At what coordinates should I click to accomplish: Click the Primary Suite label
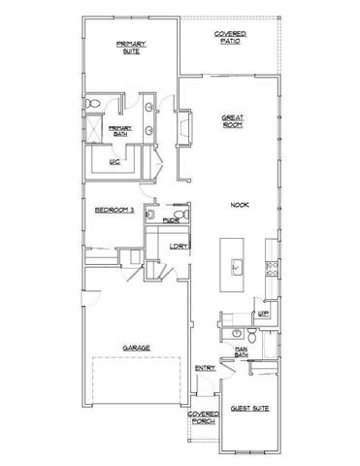point(129,48)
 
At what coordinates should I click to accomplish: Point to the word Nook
point(239,205)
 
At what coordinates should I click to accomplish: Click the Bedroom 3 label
point(113,210)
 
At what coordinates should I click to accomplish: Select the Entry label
point(204,368)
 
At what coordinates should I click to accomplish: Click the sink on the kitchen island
point(234,263)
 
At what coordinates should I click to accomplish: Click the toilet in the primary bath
point(91,103)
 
